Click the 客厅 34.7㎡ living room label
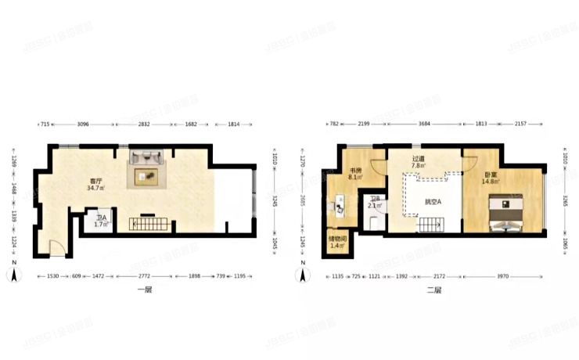pos(96,185)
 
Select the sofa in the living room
pos(146,156)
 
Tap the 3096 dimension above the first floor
pos(83,124)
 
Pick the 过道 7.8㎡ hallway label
pos(419,162)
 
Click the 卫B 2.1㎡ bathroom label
pos(375,203)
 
